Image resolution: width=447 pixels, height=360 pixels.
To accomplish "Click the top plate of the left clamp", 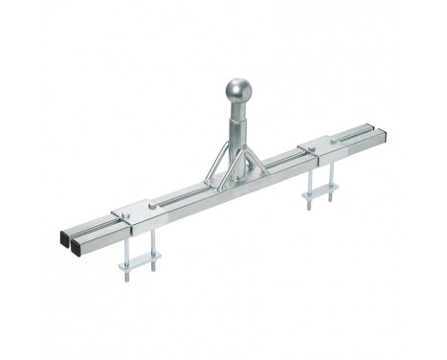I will click(x=134, y=210).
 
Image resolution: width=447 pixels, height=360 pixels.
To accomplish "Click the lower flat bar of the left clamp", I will click(x=140, y=259).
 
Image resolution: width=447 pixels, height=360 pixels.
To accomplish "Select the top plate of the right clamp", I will click(x=321, y=146).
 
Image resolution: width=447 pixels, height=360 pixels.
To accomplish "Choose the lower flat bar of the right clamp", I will click(x=323, y=191).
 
